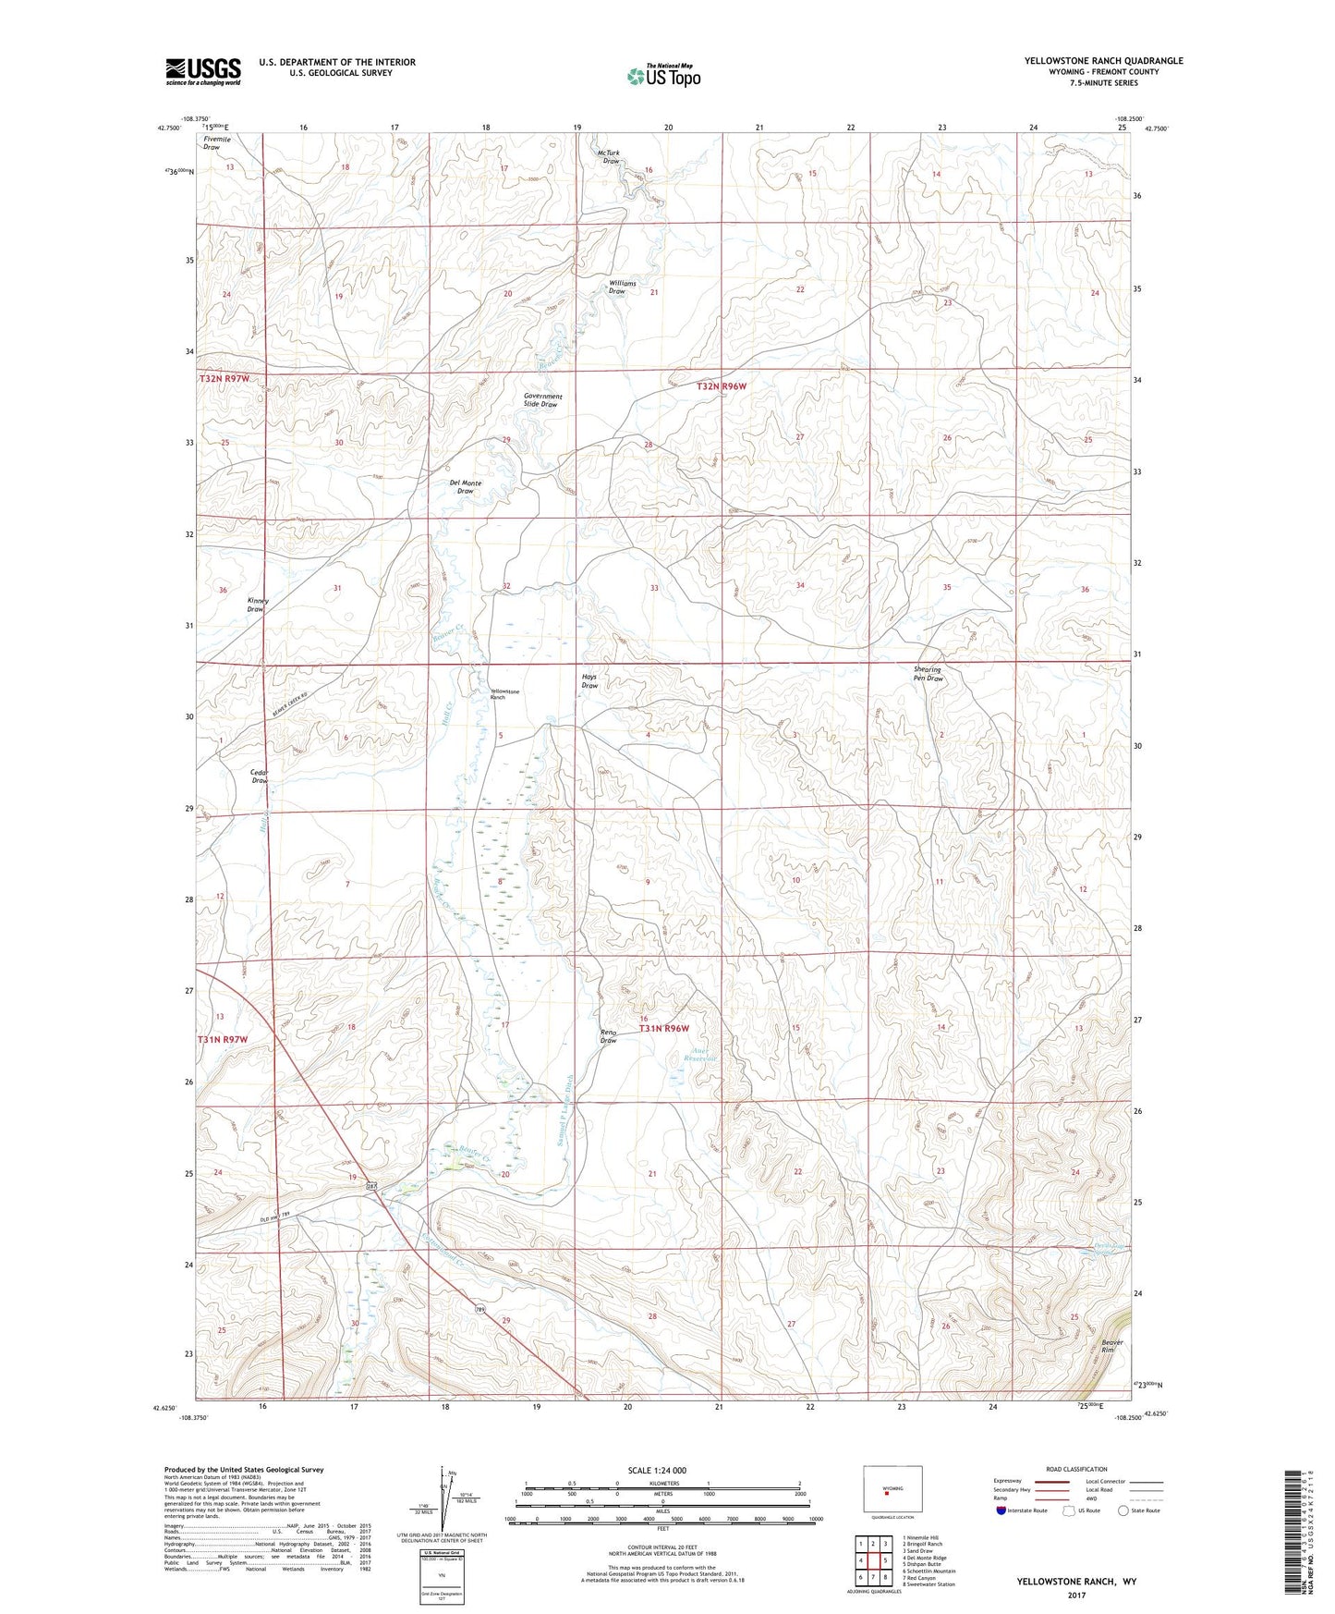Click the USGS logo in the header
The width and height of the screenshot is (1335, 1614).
202,71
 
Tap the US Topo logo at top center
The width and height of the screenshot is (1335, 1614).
663,75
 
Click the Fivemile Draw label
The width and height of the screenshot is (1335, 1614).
212,142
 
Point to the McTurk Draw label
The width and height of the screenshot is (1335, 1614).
610,157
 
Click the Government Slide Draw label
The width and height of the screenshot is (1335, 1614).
542,400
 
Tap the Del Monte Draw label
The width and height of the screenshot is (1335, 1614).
465,487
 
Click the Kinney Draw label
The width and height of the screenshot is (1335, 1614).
258,605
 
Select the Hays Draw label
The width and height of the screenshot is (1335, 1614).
589,681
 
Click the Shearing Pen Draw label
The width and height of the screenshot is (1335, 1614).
928,674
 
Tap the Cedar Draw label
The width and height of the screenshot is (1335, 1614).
260,776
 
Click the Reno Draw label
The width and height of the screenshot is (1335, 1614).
608,1036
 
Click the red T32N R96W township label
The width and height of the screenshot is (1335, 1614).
722,387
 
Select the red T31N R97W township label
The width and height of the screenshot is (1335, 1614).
223,1040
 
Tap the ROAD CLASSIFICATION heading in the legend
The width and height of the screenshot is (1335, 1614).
1076,1469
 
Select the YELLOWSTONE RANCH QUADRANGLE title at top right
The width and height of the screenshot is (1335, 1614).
1103,61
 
